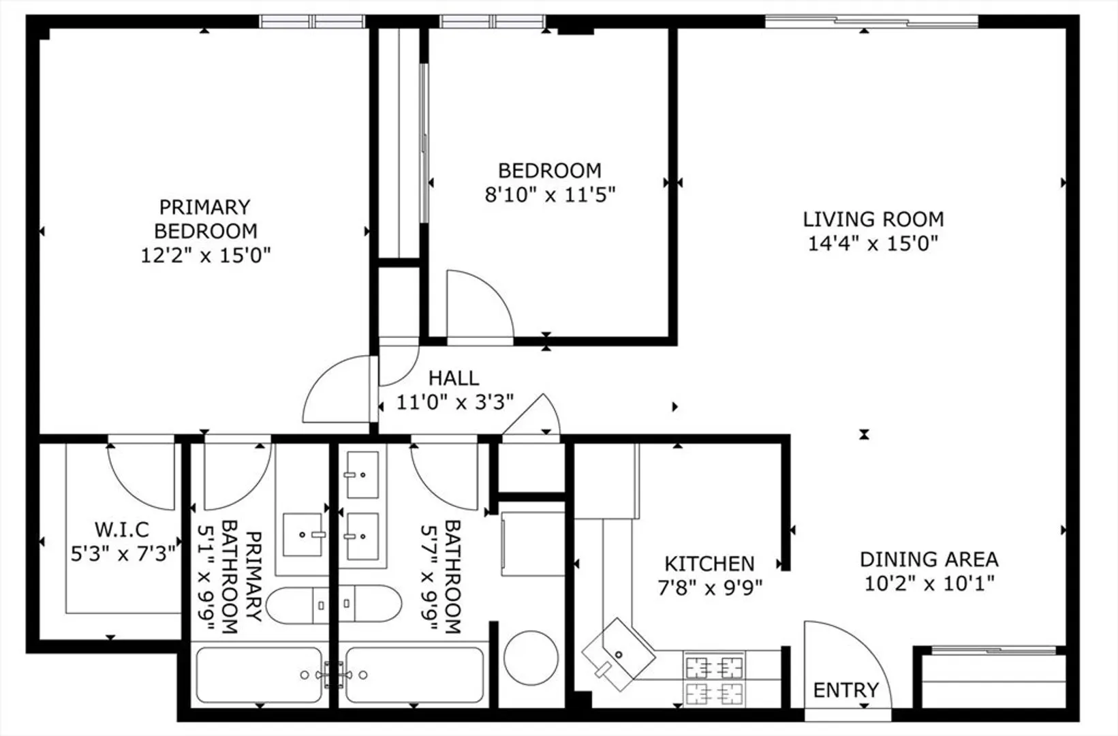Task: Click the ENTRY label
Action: (x=846, y=690)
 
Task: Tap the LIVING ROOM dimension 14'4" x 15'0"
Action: (x=873, y=244)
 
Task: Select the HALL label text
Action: (x=454, y=378)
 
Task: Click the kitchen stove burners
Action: (x=714, y=679)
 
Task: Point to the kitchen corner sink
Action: (x=619, y=654)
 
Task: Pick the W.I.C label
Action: (x=122, y=530)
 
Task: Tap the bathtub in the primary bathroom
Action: (x=259, y=675)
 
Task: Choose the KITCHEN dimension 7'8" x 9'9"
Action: (x=710, y=588)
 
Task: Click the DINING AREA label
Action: (x=929, y=559)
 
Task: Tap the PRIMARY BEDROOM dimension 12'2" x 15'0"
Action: (x=206, y=256)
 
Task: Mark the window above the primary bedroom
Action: (x=312, y=22)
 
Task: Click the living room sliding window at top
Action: (x=871, y=22)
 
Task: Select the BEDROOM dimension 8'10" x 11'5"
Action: (x=550, y=194)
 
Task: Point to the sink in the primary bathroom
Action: (x=302, y=534)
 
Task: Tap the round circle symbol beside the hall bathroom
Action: (x=531, y=658)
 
